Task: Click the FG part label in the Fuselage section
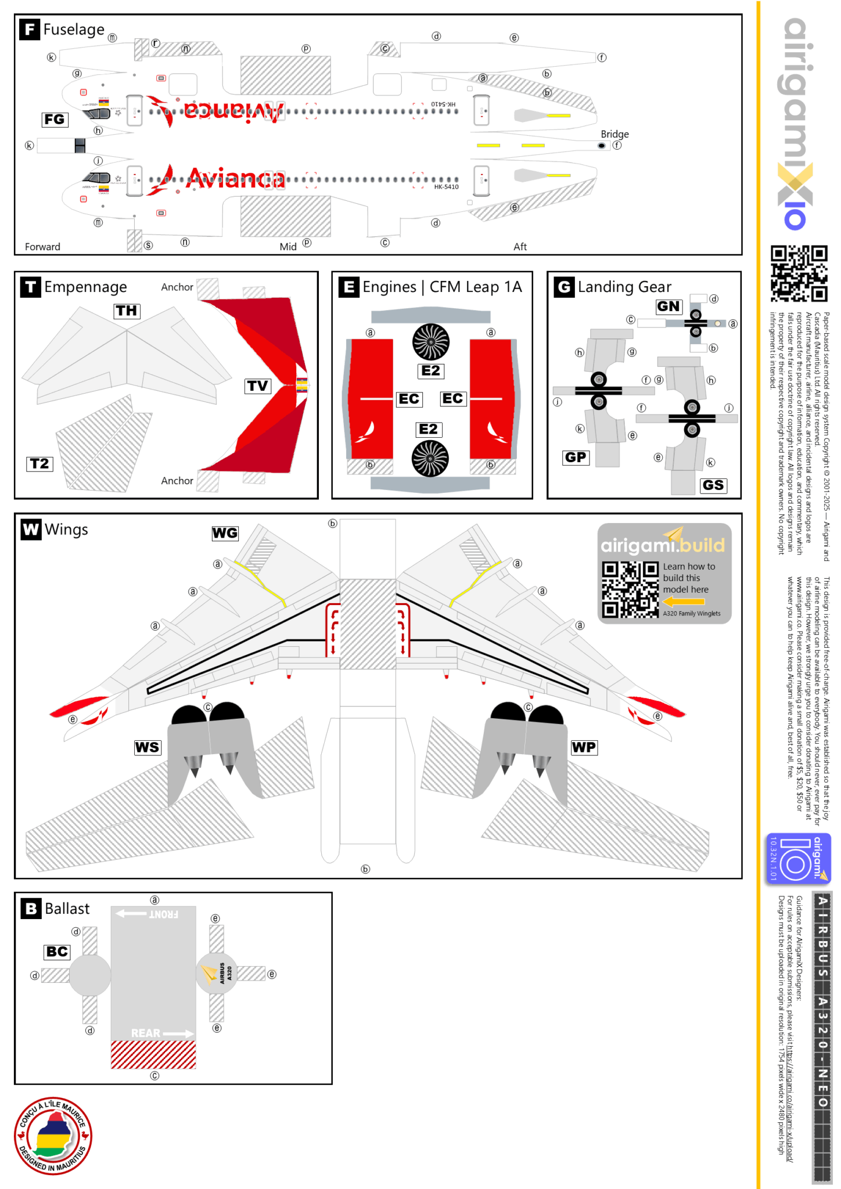click(55, 120)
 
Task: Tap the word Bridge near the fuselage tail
click(614, 134)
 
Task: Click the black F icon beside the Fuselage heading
click(30, 29)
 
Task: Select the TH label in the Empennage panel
click(127, 311)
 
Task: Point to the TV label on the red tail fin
click(258, 386)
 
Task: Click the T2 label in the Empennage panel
click(39, 464)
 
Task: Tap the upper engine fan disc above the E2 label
click(430, 342)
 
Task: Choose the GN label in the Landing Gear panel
click(668, 307)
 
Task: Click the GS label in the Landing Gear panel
click(713, 485)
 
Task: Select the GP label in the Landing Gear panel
click(576, 457)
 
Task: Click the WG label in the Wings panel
click(225, 533)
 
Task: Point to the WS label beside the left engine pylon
click(147, 747)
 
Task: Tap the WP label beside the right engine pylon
click(584, 747)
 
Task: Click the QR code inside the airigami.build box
click(630, 589)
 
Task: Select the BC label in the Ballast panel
click(57, 952)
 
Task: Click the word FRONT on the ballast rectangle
click(163, 914)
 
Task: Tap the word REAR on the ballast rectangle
click(146, 1033)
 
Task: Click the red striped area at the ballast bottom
click(153, 1055)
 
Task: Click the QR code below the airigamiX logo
click(799, 273)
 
